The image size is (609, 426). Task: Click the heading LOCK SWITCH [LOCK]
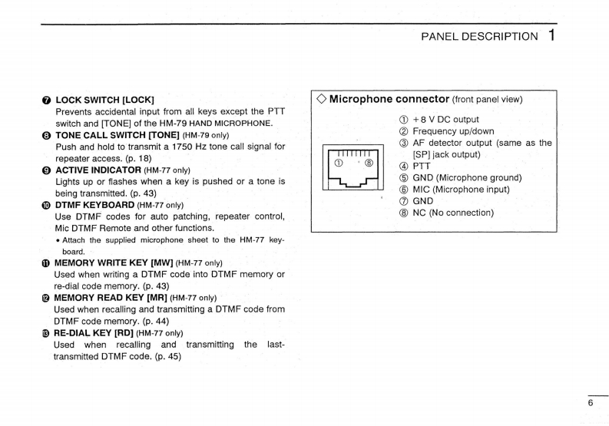(104, 100)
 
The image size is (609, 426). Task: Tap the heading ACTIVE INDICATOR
(98, 170)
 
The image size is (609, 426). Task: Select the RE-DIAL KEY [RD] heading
(94, 333)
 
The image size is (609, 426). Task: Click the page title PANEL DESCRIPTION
(480, 36)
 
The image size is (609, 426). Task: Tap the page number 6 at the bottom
(591, 403)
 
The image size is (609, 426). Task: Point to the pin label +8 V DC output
(445, 120)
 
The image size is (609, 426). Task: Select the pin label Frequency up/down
(453, 131)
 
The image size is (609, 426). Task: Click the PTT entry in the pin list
(422, 166)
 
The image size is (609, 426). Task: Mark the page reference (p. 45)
(167, 357)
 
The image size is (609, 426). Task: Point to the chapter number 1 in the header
(551, 35)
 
